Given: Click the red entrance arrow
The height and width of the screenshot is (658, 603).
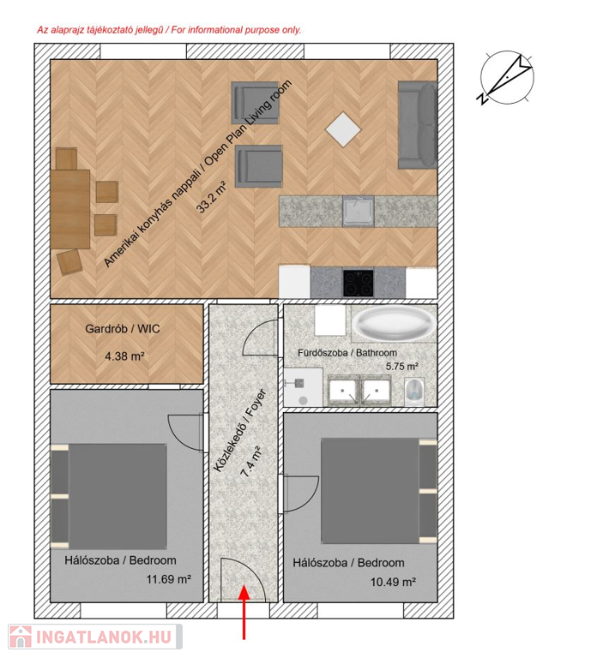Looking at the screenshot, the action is [x=244, y=612].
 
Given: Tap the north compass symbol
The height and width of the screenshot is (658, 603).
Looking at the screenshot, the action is [x=507, y=79].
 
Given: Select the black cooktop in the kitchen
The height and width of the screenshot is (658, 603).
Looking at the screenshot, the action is [x=358, y=283].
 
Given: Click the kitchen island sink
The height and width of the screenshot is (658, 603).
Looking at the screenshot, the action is [x=358, y=211].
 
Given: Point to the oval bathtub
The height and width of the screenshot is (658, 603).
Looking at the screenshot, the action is [x=394, y=323].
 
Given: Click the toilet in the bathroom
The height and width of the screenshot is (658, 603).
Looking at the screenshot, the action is [x=414, y=392].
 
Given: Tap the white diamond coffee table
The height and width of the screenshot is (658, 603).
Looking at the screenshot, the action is [x=343, y=129].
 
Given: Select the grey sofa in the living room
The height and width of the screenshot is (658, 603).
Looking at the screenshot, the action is [x=418, y=125].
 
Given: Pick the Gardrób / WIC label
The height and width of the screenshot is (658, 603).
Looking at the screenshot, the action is [x=123, y=329].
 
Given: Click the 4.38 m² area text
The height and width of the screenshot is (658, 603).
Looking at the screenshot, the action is [x=124, y=356].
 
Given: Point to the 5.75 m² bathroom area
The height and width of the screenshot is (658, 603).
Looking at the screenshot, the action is [x=401, y=367].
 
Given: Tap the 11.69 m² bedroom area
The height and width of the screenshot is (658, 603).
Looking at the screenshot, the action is [x=168, y=579].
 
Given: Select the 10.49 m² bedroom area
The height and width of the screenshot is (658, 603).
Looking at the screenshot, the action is [x=393, y=582].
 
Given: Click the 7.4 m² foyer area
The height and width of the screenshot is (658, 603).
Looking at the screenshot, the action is [x=250, y=462].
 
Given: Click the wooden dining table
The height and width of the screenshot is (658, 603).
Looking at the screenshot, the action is [x=70, y=209].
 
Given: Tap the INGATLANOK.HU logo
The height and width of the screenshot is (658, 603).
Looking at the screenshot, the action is [x=95, y=637].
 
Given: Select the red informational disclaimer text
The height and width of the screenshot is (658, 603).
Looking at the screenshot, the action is [x=169, y=30].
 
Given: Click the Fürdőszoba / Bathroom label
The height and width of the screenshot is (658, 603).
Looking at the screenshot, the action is [x=347, y=352].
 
